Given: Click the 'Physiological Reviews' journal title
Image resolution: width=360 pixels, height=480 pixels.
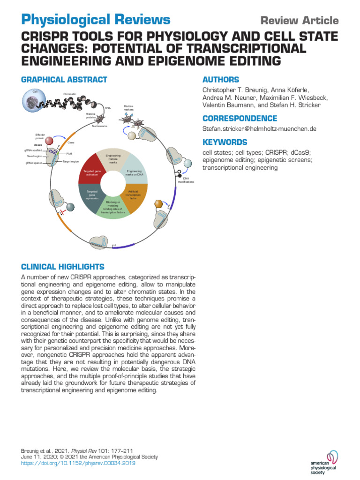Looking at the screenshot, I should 96,20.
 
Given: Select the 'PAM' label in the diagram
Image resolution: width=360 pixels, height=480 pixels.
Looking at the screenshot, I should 69,153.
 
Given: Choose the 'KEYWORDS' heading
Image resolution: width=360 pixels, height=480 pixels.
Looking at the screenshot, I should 225,142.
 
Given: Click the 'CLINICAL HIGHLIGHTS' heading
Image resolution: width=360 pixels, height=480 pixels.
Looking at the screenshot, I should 63,267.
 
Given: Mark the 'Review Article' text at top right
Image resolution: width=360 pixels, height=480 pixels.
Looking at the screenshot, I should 299,21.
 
